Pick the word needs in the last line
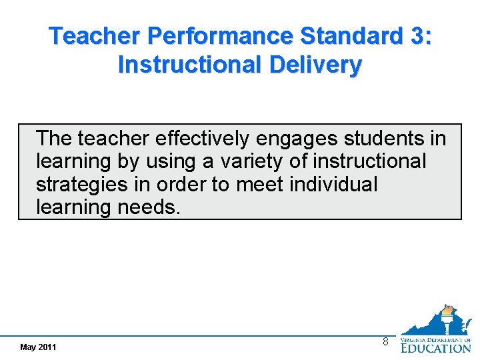pyautogui.click(x=149, y=207)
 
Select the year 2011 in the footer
pyautogui.click(x=47, y=347)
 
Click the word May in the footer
pyautogui.click(x=28, y=347)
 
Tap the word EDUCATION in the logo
pyautogui.click(x=436, y=347)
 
